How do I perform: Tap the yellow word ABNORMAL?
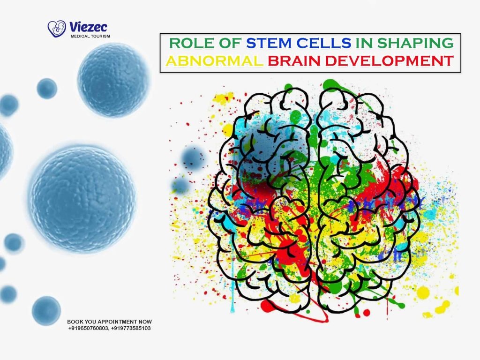click(214, 61)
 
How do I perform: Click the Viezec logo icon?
click(57, 29)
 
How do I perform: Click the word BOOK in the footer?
click(75, 322)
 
